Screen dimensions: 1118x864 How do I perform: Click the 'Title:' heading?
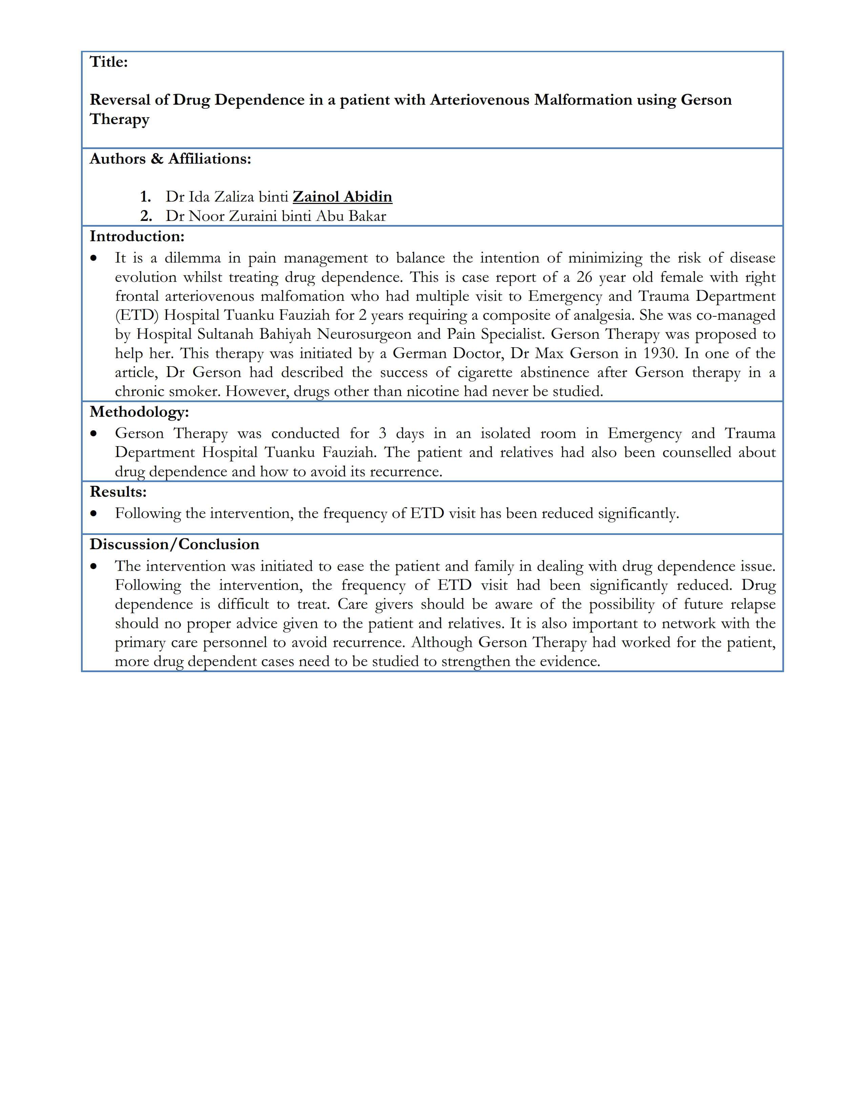tap(108, 62)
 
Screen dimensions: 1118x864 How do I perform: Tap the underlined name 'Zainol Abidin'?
tap(342, 196)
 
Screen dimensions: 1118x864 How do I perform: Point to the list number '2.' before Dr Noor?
tap(146, 216)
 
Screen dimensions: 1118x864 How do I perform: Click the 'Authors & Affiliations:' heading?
tap(170, 159)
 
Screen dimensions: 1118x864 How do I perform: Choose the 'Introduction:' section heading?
tap(137, 236)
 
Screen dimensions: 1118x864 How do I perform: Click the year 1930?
tap(660, 353)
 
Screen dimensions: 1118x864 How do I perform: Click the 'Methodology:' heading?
tap(139, 412)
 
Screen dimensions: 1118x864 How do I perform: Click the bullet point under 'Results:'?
tap(94, 514)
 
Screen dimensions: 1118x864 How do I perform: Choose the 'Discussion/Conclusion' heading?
tap(174, 544)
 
